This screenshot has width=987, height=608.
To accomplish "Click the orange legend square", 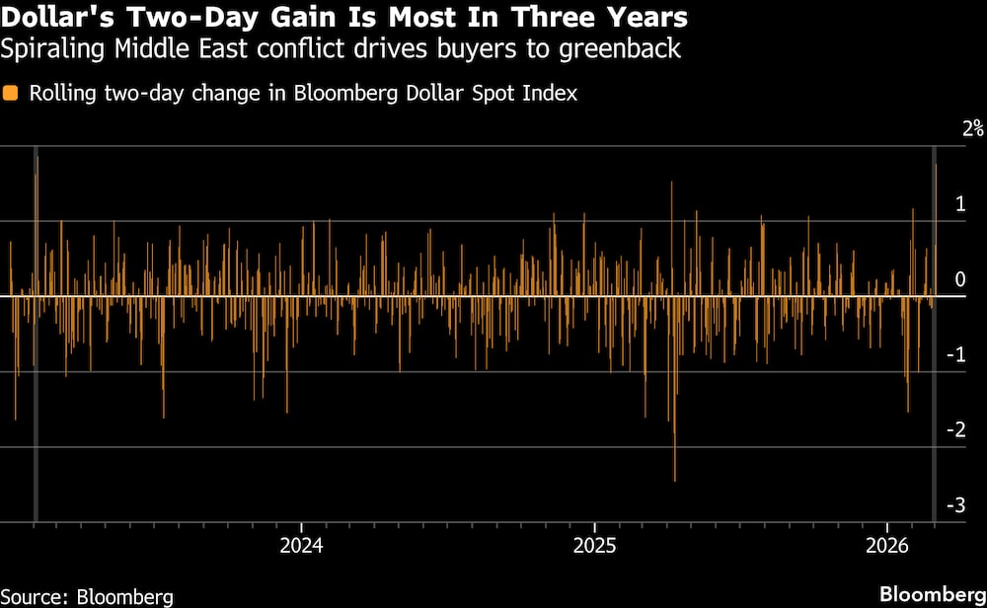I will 11,94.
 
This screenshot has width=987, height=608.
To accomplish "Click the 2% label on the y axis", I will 973,128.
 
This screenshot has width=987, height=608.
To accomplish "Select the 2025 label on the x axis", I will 593,545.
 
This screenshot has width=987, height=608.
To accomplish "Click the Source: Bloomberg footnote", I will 87,596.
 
